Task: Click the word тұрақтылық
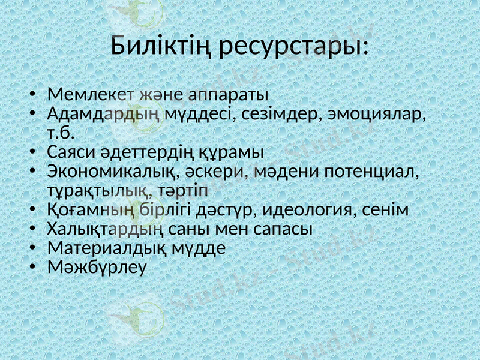click(100, 191)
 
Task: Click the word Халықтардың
click(106, 229)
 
